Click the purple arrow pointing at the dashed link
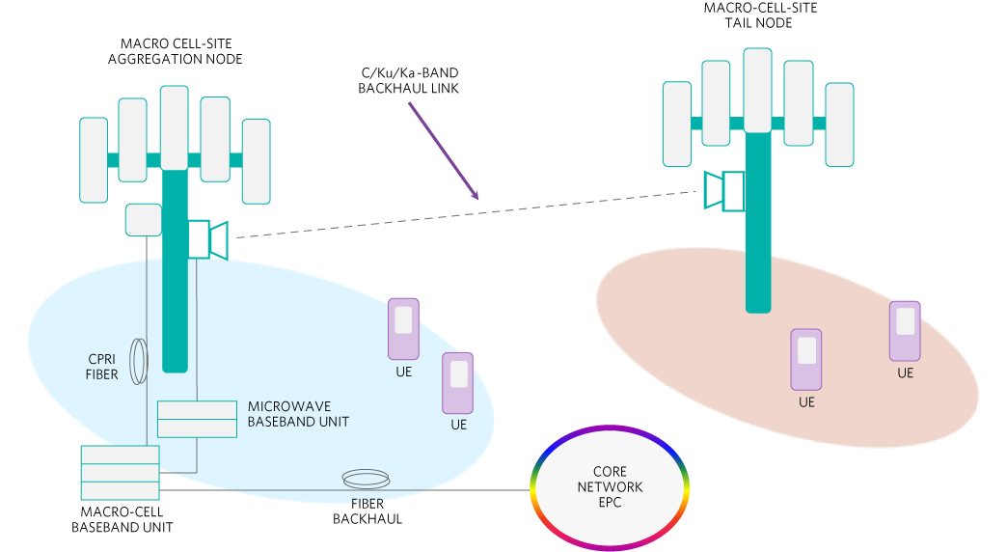click(x=443, y=151)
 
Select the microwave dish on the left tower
click(x=209, y=239)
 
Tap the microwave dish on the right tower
click(x=723, y=190)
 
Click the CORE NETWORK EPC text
click(x=610, y=486)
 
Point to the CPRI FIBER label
click(x=102, y=367)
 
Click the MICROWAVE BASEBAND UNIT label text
click(x=298, y=414)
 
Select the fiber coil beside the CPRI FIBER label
click(x=140, y=361)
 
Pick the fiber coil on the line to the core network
click(x=367, y=478)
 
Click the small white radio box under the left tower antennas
click(x=144, y=219)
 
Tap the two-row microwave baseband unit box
click(x=197, y=419)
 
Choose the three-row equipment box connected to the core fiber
click(x=120, y=473)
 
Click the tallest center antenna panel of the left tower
click(x=175, y=127)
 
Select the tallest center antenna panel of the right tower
click(x=757, y=90)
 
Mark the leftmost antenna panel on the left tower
click(x=94, y=159)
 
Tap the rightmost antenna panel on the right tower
click(x=839, y=124)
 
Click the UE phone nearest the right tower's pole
click(x=806, y=360)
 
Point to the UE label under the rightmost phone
click(x=905, y=373)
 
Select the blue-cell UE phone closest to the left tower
click(x=403, y=328)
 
